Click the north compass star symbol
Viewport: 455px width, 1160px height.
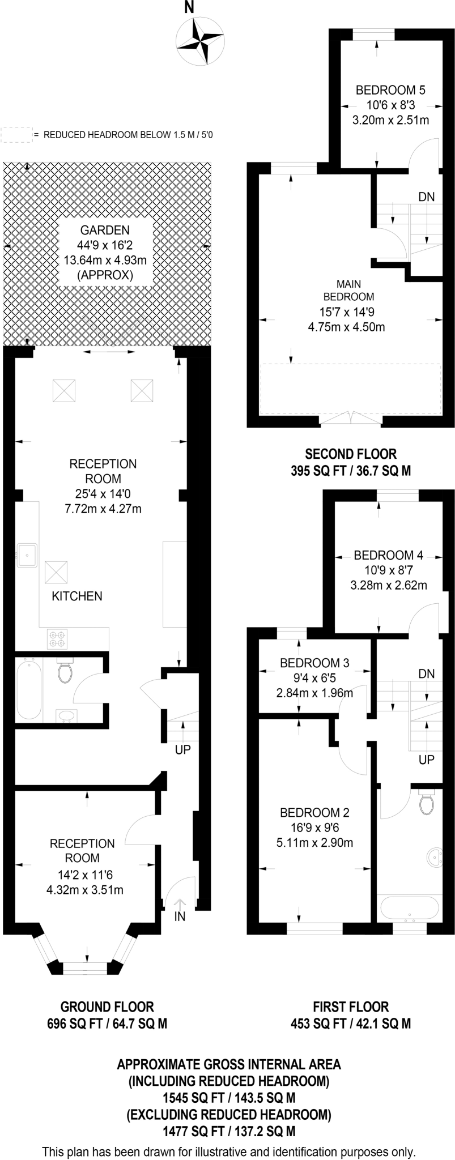(x=199, y=41)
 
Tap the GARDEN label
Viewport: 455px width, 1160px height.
(x=104, y=231)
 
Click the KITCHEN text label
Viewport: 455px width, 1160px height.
(x=77, y=596)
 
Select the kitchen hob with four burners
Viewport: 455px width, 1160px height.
(x=57, y=639)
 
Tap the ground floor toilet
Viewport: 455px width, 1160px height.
(x=65, y=671)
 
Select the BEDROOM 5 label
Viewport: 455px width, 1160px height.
(x=390, y=90)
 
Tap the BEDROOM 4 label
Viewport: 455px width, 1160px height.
(x=388, y=555)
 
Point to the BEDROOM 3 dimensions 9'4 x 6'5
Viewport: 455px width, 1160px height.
(x=314, y=678)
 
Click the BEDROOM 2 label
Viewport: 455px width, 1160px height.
(x=314, y=813)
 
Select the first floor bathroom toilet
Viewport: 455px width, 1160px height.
(x=426, y=801)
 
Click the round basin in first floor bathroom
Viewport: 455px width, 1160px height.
(x=436, y=859)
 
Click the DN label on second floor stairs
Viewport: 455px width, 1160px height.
(x=426, y=197)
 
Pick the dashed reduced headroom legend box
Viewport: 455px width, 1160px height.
(x=15, y=135)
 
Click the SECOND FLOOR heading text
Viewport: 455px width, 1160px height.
(x=351, y=454)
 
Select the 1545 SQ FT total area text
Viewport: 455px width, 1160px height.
(x=228, y=1097)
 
